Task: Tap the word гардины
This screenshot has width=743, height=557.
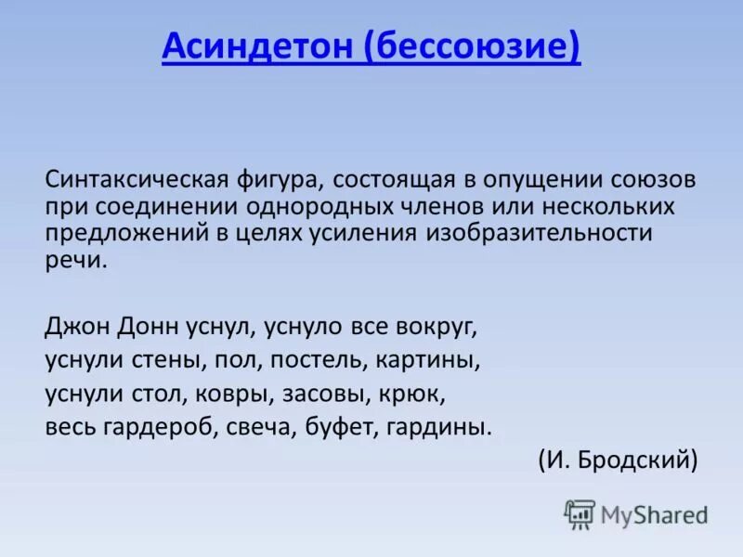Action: coord(450,427)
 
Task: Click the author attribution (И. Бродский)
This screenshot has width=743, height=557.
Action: coord(617,460)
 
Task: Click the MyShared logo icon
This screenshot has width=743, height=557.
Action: coord(580,513)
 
